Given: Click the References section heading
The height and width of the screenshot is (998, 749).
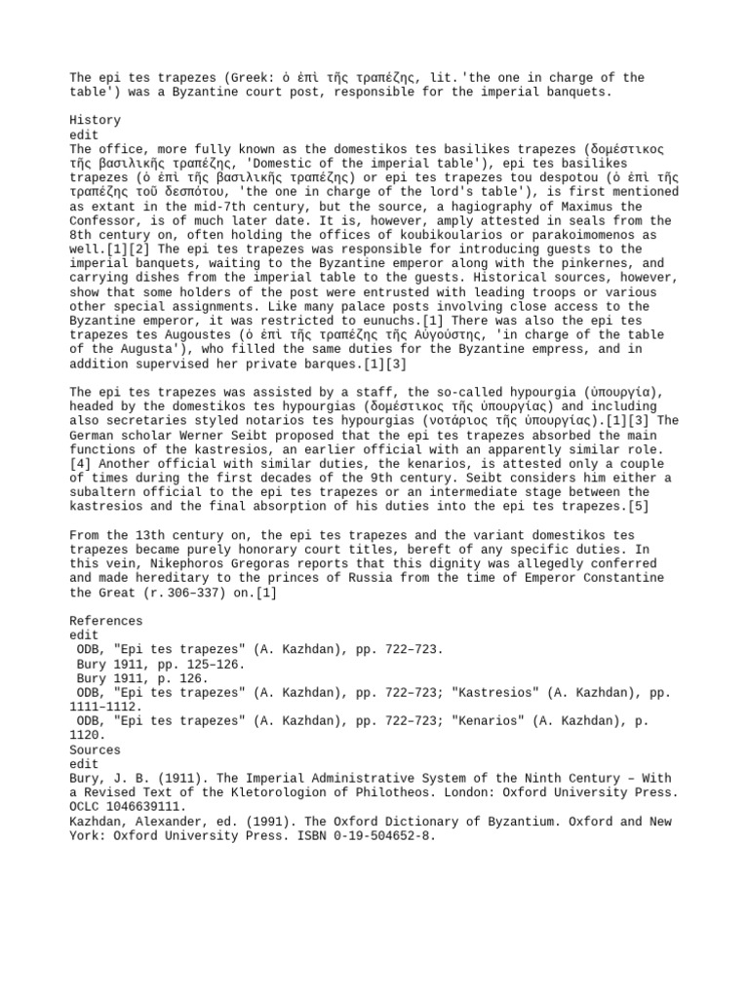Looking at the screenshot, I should pyautogui.click(x=105, y=621).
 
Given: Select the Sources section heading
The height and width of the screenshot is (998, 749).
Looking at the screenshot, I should pyautogui.click(x=95, y=750).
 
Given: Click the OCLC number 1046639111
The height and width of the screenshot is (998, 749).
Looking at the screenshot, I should pyautogui.click(x=144, y=807).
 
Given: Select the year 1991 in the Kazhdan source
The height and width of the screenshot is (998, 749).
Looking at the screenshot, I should pyautogui.click(x=277, y=822).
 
